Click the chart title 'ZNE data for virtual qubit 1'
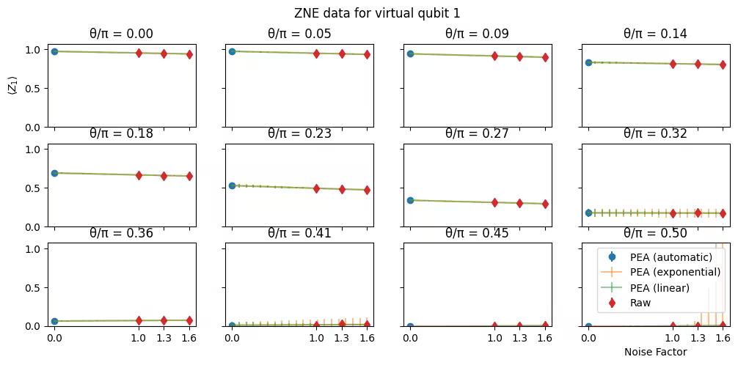377,13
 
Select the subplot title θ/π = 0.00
121,34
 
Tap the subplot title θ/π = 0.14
655,34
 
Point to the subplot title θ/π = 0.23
299,133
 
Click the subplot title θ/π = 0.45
477,234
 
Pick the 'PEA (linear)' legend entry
660,287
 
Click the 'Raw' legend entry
640,303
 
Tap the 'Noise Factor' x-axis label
655,352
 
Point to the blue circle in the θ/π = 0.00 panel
54,51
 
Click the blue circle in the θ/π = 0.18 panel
54,173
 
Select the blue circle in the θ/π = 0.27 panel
410,200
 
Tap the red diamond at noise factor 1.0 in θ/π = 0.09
494,56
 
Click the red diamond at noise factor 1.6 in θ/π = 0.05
367,54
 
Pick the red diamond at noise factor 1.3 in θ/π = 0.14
698,64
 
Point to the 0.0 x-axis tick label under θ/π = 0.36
54,338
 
